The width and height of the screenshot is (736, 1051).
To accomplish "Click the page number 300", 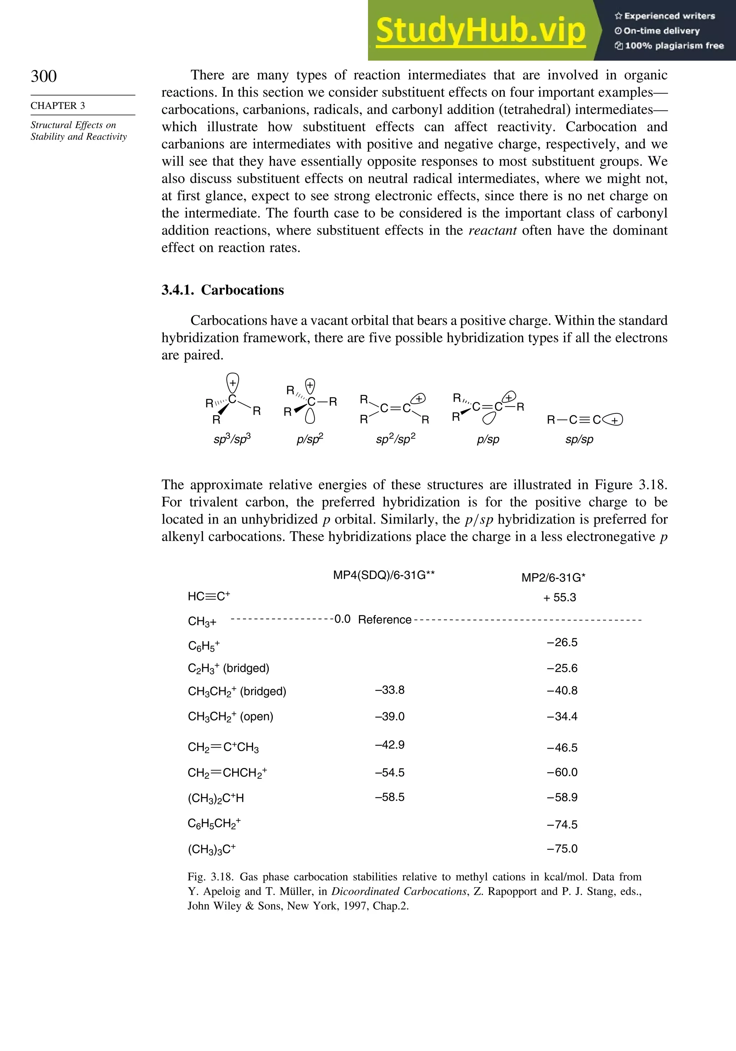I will (44, 76).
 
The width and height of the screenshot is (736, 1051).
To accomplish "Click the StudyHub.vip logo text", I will (480, 31).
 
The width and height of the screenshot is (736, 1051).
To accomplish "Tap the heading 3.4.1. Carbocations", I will (222, 290).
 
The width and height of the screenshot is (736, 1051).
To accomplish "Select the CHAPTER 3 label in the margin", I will (58, 106).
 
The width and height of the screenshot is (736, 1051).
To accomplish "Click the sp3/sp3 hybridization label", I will (232, 439).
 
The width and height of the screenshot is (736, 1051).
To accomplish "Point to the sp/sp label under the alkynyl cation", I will (579, 439).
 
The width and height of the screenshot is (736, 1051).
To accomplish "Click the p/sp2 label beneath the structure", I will (310, 439).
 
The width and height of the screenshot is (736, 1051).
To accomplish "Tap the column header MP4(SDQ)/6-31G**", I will (384, 575).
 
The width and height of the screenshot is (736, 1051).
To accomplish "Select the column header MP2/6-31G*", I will (553, 578).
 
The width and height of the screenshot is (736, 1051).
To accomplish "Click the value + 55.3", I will (559, 597).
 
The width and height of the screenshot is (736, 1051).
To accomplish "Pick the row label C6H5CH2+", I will (214, 824).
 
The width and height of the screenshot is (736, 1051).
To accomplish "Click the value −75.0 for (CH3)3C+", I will (562, 849).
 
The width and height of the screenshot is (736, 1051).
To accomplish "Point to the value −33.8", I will (390, 690).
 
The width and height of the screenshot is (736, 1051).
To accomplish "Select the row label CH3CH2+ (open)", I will (230, 716).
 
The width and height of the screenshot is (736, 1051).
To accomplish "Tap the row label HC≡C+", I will (209, 597).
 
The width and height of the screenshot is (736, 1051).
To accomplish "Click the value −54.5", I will (390, 773).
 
